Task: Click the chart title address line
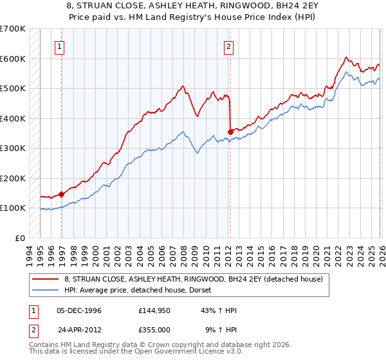[192, 5]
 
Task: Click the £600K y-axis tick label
[13, 59]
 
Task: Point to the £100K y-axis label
[13, 208]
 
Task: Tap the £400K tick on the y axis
[13, 118]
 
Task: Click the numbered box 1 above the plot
[59, 46]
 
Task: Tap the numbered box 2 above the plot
[228, 46]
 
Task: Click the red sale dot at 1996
[62, 194]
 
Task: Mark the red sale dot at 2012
[230, 132]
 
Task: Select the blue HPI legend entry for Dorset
[142, 291]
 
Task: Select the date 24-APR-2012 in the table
[79, 328]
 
